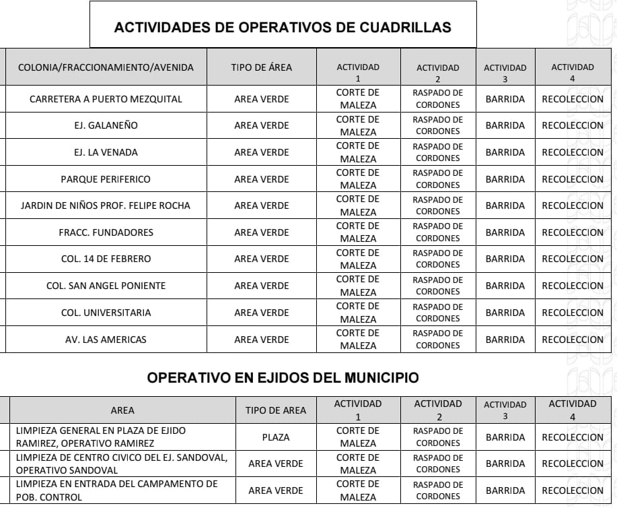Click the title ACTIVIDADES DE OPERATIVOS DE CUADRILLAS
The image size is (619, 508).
(x=283, y=27)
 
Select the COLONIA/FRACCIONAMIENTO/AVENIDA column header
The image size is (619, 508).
(x=106, y=67)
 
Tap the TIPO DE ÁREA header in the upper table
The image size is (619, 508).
(x=261, y=67)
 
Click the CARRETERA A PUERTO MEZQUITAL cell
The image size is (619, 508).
(x=106, y=99)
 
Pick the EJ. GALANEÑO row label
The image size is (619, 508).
(x=106, y=125)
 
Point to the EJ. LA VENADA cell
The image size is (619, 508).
(x=106, y=152)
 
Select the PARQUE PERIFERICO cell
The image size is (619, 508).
(x=106, y=179)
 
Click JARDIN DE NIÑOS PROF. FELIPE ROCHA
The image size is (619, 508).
(x=106, y=205)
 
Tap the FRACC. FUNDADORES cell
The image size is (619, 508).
(x=106, y=232)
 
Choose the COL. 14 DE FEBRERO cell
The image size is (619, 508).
(x=106, y=259)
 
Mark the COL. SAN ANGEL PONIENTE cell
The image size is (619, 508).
(x=106, y=286)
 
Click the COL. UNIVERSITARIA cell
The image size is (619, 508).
(x=106, y=313)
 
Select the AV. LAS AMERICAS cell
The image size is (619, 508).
(x=106, y=340)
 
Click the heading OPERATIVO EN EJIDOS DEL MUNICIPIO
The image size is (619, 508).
(x=283, y=378)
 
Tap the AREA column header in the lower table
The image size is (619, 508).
(x=122, y=410)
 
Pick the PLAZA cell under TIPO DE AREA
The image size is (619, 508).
(x=276, y=437)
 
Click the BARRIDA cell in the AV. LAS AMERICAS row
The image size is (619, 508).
(x=505, y=340)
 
